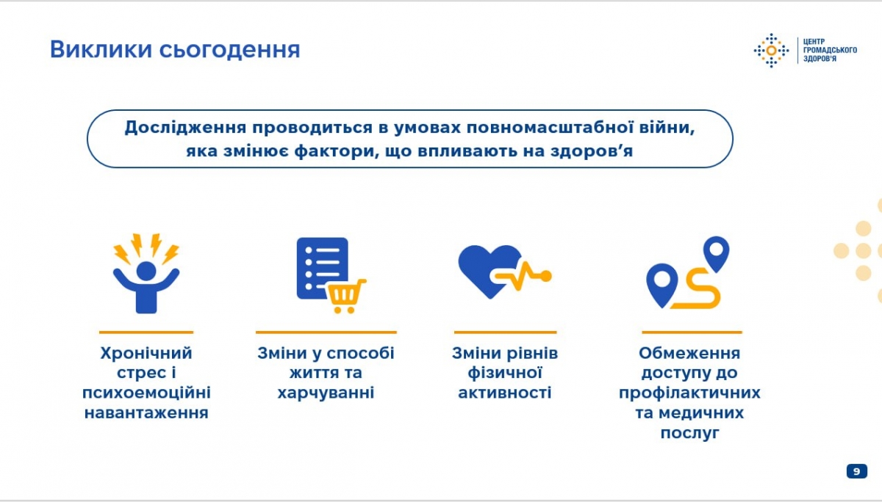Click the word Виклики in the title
pyautogui.click(x=101, y=49)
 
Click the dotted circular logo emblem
pyautogui.click(x=771, y=51)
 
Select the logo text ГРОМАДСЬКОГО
pyautogui.click(x=830, y=50)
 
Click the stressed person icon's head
pyautogui.click(x=146, y=272)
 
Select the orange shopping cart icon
pyautogui.click(x=345, y=296)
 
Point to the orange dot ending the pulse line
pyautogui.click(x=545, y=277)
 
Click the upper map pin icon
pyautogui.click(x=716, y=253)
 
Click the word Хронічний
pyautogui.click(x=146, y=354)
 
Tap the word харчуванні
pyautogui.click(x=326, y=393)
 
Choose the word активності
pyautogui.click(x=505, y=393)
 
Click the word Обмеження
pyautogui.click(x=689, y=353)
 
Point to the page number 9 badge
pyautogui.click(x=857, y=471)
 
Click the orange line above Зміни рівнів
pyautogui.click(x=505, y=332)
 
